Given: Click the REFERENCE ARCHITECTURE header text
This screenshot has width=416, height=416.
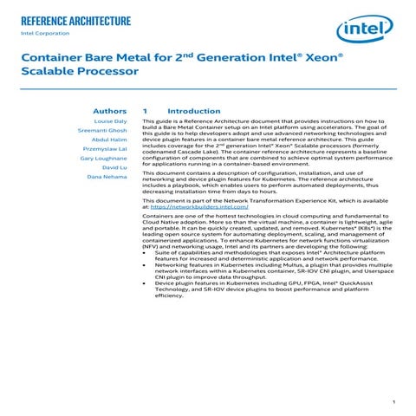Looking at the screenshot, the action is pos(75,20).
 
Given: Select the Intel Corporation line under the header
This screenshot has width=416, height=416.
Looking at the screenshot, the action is pos(44,35).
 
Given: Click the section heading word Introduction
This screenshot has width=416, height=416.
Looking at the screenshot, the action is pos(194,111).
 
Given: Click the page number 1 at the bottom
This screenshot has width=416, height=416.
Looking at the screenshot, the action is pos(393,401).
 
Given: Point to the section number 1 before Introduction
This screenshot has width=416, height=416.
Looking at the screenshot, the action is pos(145,111).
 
